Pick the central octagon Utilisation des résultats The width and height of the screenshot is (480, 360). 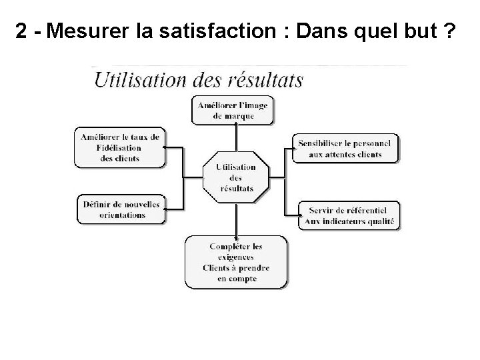pyautogui.click(x=236, y=177)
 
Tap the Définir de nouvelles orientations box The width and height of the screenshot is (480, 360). pyautogui.click(x=120, y=209)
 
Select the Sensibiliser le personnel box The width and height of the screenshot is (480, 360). pyautogui.click(x=345, y=149)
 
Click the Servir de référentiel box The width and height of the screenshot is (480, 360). pyautogui.click(x=349, y=215)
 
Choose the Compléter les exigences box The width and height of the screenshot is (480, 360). pyautogui.click(x=236, y=262)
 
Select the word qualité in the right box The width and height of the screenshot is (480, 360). pyautogui.click(x=381, y=221)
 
